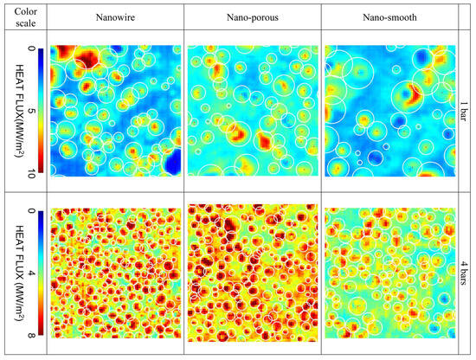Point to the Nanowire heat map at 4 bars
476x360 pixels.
[113, 273]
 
